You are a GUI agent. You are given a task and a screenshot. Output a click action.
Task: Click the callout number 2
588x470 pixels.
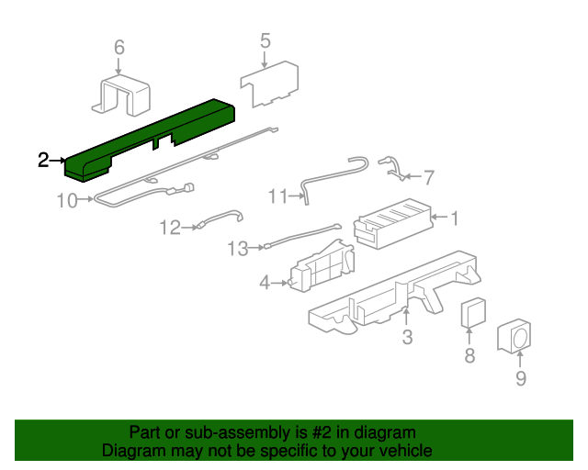(43, 160)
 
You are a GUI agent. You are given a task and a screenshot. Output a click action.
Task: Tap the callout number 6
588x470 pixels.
(119, 48)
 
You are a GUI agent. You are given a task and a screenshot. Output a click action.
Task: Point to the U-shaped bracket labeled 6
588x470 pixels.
(121, 95)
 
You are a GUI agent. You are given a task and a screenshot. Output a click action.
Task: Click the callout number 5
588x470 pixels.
(266, 41)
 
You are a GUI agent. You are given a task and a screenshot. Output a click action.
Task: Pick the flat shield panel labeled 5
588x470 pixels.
(269, 84)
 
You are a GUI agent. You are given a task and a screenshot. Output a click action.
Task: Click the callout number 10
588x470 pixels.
(67, 200)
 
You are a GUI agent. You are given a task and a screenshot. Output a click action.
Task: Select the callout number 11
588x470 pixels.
(278, 196)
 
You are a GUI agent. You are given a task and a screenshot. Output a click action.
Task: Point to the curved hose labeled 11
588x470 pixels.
(334, 177)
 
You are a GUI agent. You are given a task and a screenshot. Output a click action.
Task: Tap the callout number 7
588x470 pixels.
(429, 177)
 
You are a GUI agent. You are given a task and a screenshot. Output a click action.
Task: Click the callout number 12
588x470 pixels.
(170, 228)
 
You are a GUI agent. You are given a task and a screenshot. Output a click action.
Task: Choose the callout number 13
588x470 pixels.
(238, 249)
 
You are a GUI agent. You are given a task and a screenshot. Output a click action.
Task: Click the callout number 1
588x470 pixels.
(454, 218)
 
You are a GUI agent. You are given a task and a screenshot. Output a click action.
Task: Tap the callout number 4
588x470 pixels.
(265, 282)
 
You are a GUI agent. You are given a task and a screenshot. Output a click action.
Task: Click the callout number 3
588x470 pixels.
(407, 337)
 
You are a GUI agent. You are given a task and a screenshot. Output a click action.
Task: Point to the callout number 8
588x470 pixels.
(469, 355)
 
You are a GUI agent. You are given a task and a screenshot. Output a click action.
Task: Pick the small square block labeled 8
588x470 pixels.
(473, 313)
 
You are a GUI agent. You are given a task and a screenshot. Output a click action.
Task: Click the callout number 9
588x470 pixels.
(521, 378)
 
